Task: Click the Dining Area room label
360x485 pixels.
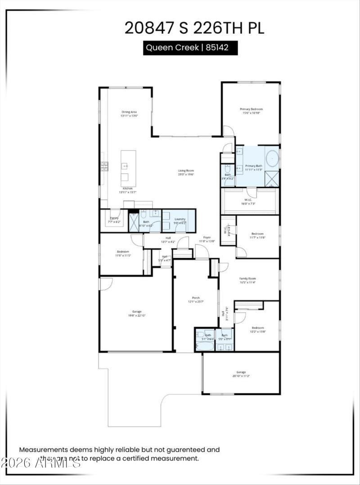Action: tap(129, 114)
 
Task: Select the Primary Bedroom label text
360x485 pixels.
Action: tap(251, 111)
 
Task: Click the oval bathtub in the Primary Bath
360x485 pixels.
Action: tap(272, 159)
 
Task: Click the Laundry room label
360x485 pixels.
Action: tap(180, 221)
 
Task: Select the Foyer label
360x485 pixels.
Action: tap(207, 239)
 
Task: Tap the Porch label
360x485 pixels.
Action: tap(196, 300)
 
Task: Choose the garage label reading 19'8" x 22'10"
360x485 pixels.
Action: tap(137, 314)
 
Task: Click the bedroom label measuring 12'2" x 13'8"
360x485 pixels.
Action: tap(258, 330)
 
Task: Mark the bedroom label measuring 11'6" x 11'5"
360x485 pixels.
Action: tap(123, 253)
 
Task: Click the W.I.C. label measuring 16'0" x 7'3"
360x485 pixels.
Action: tap(247, 202)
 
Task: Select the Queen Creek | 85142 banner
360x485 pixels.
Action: tap(190, 48)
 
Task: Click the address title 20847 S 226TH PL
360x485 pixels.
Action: tap(194, 27)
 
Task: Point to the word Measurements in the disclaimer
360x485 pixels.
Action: tap(43, 449)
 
